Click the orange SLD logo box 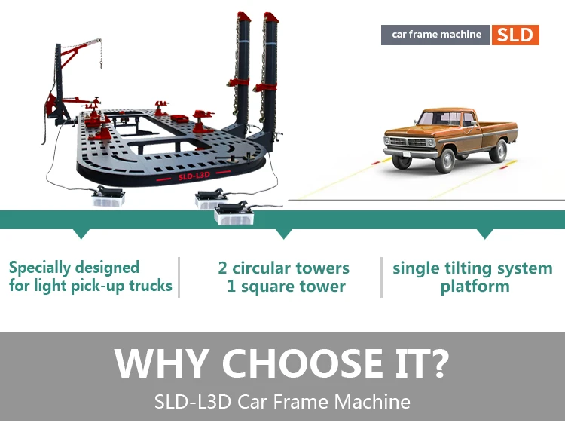pyautogui.click(x=515, y=35)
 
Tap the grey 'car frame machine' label pyautogui.click(x=435, y=35)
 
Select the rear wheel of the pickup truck pyautogui.click(x=499, y=151)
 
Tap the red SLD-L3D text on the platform pyautogui.click(x=194, y=176)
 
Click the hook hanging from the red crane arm pyautogui.click(x=101, y=65)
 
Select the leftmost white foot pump pyautogui.click(x=108, y=196)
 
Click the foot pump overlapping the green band pyautogui.click(x=234, y=214)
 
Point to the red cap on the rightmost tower pyautogui.click(x=270, y=17)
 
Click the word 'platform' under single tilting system pyautogui.click(x=475, y=287)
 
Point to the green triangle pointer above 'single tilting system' pyautogui.click(x=484, y=234)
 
